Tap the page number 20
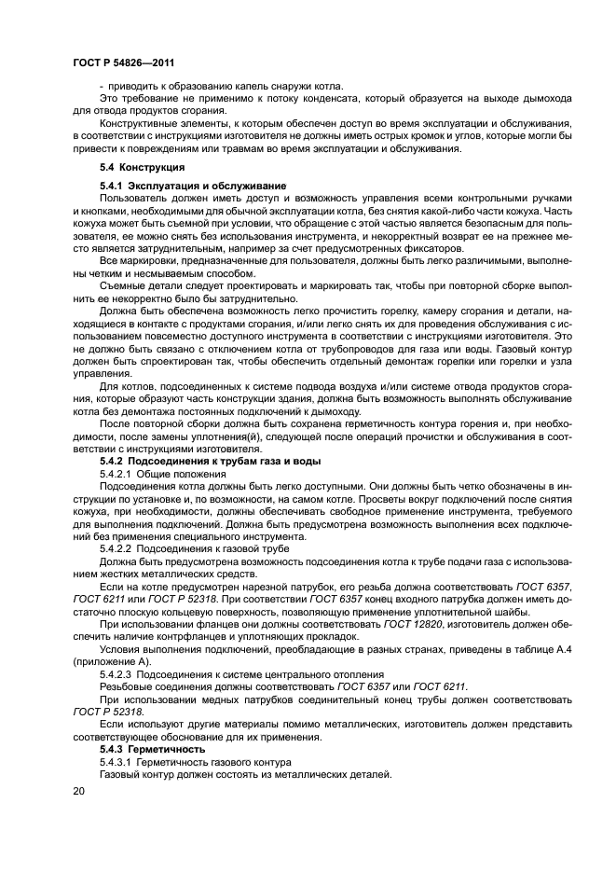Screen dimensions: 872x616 (x=77, y=791)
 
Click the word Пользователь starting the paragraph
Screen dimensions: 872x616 (x=134, y=199)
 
